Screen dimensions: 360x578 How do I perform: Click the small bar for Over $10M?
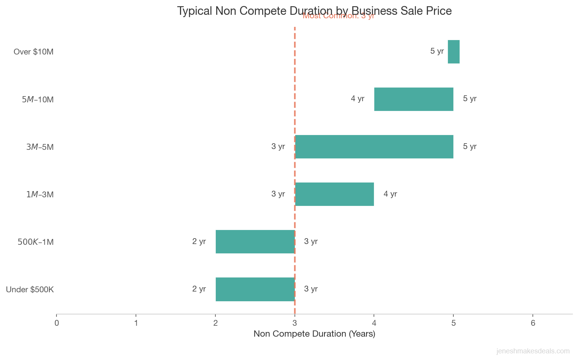[453, 52]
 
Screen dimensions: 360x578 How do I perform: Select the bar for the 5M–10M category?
[414, 99]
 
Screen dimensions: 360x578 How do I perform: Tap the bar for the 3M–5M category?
[374, 147]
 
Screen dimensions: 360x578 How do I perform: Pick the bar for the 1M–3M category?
[334, 194]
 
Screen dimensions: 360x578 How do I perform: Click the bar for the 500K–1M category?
[255, 242]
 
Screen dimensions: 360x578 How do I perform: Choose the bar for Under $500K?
[255, 289]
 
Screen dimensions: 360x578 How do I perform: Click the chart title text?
[314, 11]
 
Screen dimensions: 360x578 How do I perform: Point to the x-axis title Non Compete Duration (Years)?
[314, 334]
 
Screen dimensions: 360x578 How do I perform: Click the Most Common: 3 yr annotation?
[338, 16]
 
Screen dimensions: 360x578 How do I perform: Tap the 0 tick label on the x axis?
[57, 323]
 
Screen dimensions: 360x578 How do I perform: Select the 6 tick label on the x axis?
[533, 323]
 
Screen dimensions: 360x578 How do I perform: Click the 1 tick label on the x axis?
[136, 323]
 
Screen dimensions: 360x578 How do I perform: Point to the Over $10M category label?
[33, 52]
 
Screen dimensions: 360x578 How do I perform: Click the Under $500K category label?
[30, 290]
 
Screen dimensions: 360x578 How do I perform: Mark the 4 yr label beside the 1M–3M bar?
[390, 194]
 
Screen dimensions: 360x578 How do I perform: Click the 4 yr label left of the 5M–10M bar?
[358, 99]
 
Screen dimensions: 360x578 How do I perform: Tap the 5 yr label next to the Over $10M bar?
[437, 51]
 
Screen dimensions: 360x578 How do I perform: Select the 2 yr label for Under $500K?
[199, 289]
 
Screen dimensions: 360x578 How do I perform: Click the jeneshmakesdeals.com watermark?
[533, 351]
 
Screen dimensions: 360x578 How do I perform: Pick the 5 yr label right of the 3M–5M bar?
[470, 146]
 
